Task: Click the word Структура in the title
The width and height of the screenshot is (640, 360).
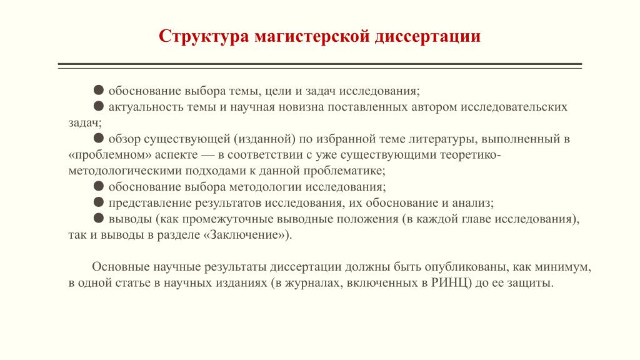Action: tap(204, 36)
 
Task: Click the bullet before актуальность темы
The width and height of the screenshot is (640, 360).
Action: tap(98, 106)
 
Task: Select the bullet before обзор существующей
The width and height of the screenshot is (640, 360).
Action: tap(98, 138)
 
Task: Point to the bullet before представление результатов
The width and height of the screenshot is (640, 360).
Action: tap(98, 202)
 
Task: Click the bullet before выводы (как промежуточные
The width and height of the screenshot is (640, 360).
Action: tap(98, 218)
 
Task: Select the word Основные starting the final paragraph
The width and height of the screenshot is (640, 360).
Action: tap(121, 267)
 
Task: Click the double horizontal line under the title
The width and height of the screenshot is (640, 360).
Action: tap(320, 66)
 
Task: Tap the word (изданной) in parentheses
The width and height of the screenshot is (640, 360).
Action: tap(264, 139)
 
